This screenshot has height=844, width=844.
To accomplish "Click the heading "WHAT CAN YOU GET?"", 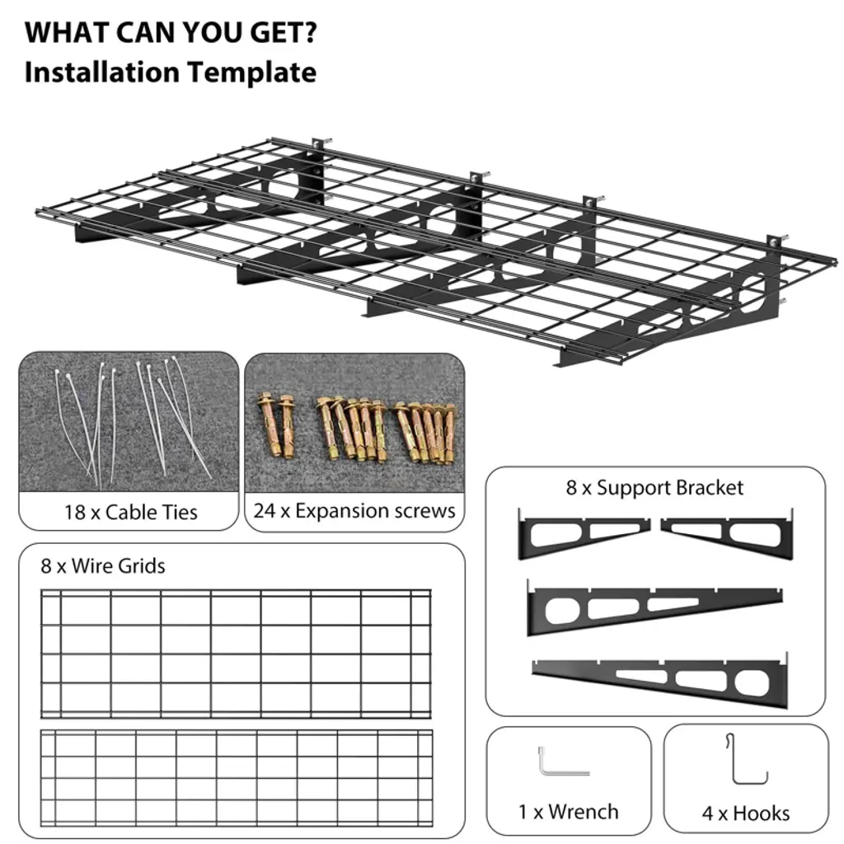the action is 171,32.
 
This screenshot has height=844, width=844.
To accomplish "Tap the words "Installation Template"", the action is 170,73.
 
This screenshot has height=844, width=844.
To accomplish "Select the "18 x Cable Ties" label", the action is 131,512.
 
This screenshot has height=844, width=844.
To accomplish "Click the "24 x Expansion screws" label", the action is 354,510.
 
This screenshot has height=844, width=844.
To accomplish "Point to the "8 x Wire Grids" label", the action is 103,565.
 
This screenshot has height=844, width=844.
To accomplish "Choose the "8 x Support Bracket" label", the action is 654,488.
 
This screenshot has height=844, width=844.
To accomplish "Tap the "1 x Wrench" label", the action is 569,812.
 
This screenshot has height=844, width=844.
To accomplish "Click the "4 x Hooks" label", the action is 746,813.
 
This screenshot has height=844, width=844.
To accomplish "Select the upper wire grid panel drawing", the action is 237,654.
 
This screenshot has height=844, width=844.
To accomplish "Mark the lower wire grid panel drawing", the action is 237,778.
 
